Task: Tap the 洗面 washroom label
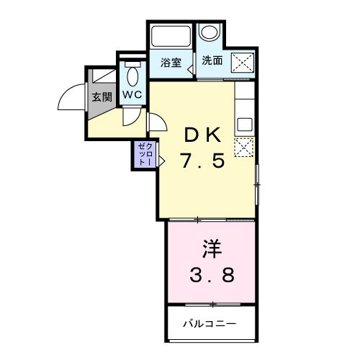point(212,61)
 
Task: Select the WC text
point(132,94)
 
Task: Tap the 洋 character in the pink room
point(211,249)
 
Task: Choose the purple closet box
point(141,154)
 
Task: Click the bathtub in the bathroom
point(170,37)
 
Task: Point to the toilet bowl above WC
point(132,75)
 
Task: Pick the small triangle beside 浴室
point(190,69)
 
